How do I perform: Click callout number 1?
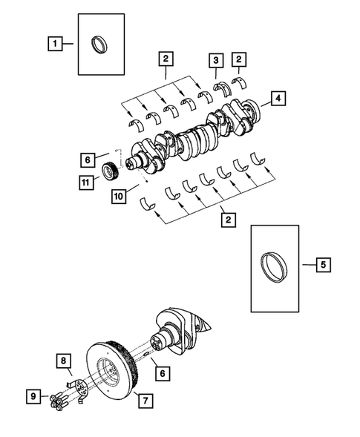[55, 44]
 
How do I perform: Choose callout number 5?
[323, 264]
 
